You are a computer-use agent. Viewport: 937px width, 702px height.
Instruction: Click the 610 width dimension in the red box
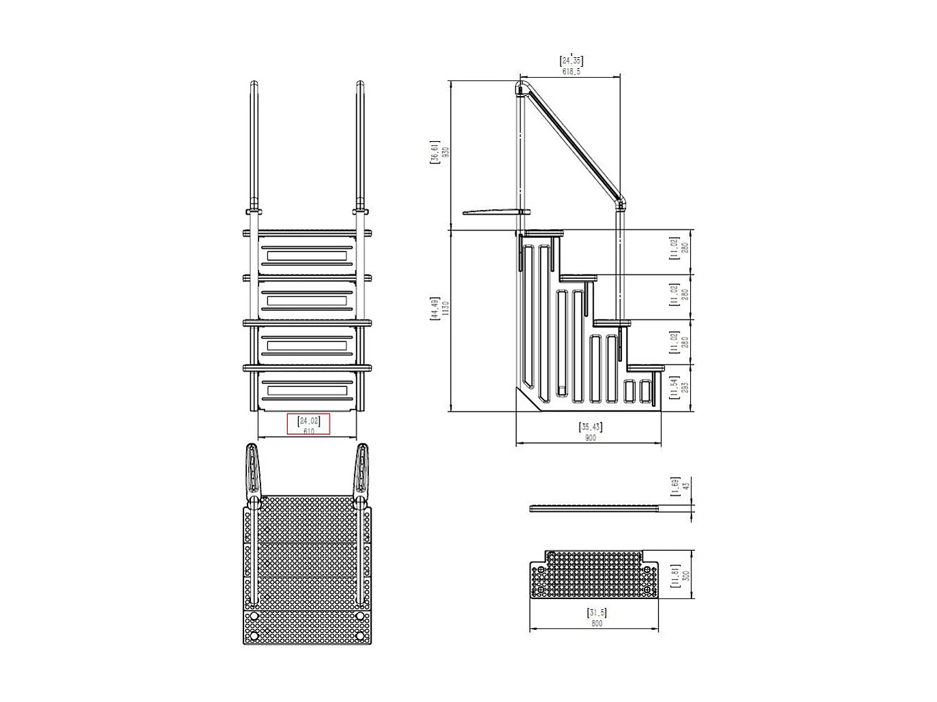tap(309, 431)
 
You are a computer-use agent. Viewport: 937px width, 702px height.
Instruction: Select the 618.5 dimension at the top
tap(571, 72)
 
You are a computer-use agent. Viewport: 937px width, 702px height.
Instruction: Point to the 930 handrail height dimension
tap(447, 153)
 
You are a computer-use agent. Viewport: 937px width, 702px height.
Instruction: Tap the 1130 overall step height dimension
tap(447, 311)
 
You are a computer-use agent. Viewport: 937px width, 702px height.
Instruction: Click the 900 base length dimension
tap(591, 438)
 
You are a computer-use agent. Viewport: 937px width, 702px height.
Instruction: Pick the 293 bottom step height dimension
tap(685, 386)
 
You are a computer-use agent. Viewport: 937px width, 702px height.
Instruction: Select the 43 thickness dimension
tap(687, 486)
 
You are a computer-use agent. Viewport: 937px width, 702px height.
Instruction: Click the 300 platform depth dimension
tap(686, 576)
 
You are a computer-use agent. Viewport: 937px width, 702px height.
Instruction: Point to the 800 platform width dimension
tap(597, 624)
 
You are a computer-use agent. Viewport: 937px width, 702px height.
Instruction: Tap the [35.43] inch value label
tap(591, 427)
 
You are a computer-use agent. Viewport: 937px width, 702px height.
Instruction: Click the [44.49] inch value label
tap(434, 309)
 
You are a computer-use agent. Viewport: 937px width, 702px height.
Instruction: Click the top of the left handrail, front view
tap(254, 86)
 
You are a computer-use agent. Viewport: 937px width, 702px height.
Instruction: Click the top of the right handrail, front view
tap(360, 86)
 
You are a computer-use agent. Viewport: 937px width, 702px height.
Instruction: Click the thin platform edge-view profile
tap(593, 508)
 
